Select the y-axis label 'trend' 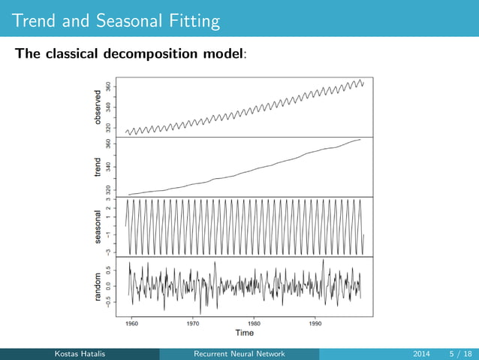(x=97, y=167)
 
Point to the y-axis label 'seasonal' (x=97, y=226)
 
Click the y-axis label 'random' (x=97, y=287)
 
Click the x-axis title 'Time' (x=244, y=332)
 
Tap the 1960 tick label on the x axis (x=132, y=323)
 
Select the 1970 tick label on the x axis (x=193, y=323)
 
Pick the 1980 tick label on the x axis (x=255, y=323)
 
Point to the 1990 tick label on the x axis (x=315, y=323)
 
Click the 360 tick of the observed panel (x=110, y=87)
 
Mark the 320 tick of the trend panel (x=110, y=190)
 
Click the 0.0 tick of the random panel (x=110, y=286)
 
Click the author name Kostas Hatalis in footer (x=80, y=354)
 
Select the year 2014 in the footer (x=423, y=354)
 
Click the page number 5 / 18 (x=459, y=354)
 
